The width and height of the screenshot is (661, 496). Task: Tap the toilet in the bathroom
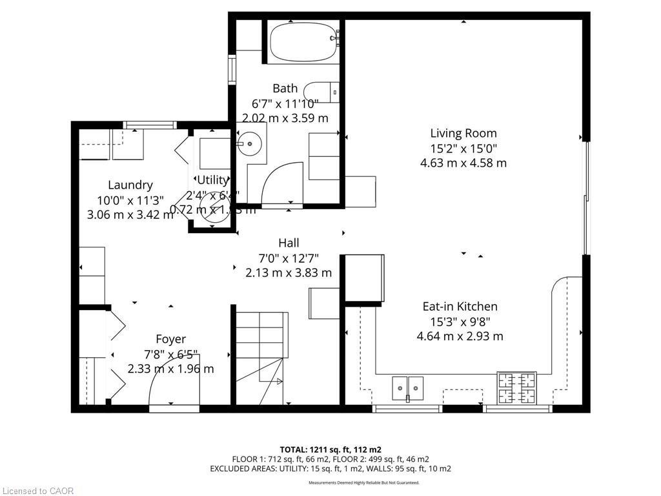tap(321, 92)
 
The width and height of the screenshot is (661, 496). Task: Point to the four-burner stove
tap(516, 386)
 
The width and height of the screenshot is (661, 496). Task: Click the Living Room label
tap(463, 134)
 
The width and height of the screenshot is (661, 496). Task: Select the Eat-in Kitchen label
tap(460, 307)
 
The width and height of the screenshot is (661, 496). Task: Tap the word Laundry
tap(130, 185)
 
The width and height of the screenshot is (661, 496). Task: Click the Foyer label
tap(170, 339)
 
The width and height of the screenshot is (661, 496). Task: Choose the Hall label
tap(289, 243)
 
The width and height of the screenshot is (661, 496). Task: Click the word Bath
tap(285, 88)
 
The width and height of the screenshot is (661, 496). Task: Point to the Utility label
tap(212, 180)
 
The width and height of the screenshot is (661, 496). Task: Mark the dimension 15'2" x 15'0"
tap(463, 149)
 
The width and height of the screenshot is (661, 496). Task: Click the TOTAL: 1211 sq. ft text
tap(330, 449)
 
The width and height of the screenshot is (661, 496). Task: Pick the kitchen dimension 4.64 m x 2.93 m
tap(460, 336)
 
